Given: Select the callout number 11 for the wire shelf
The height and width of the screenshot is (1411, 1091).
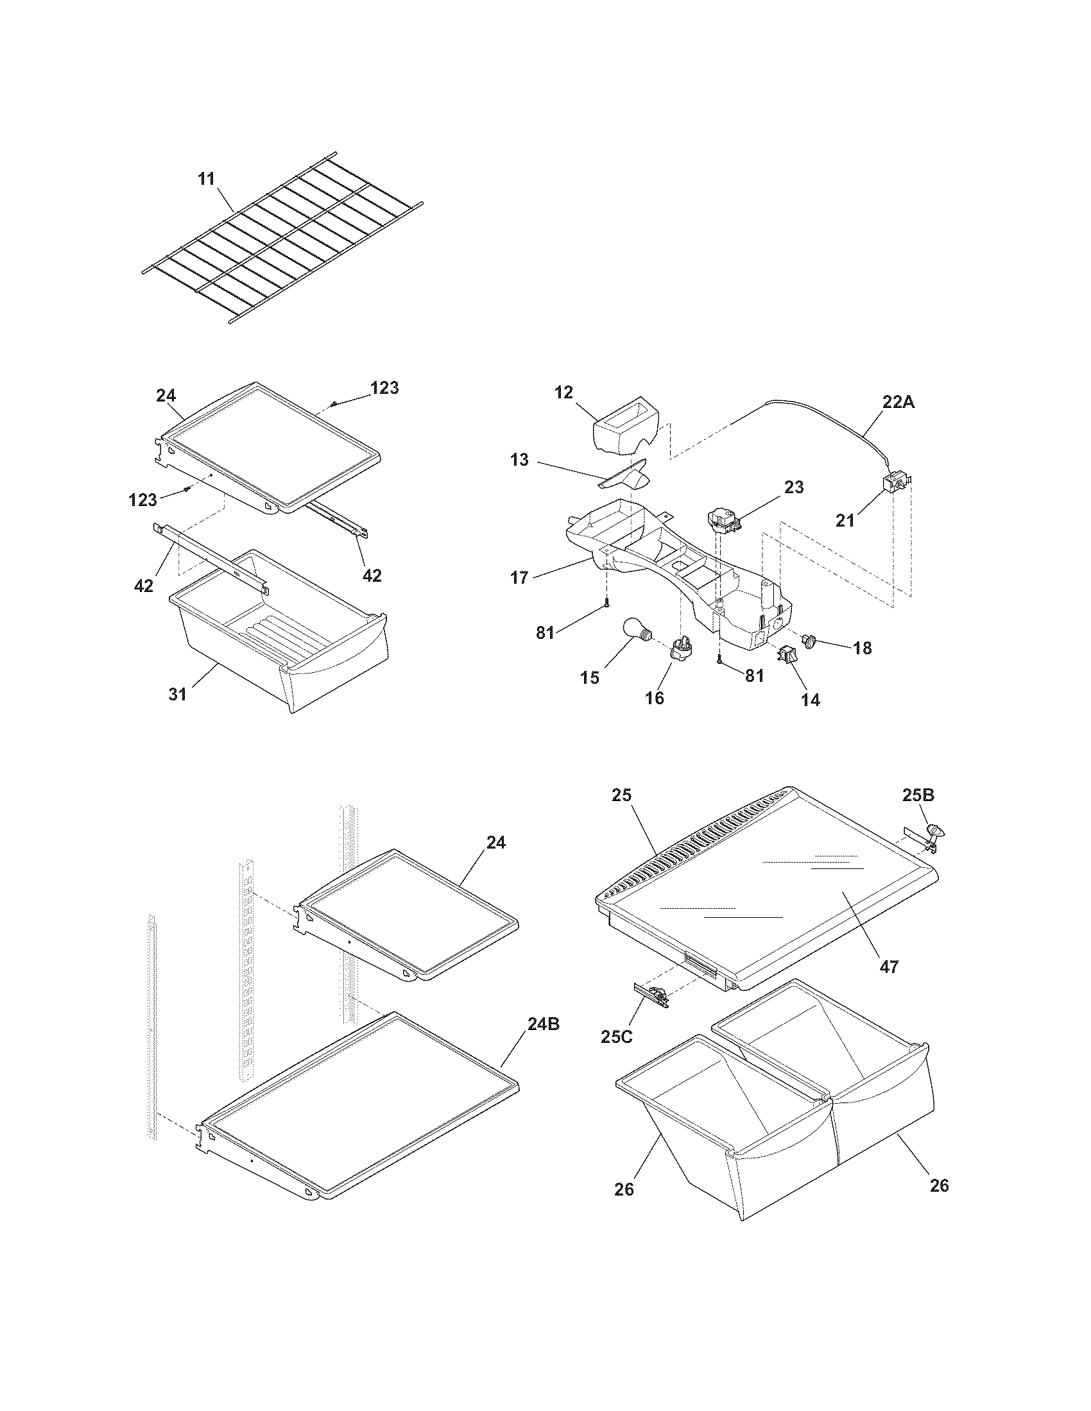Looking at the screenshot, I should point(206,179).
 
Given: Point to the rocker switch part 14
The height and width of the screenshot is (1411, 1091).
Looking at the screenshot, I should point(787,654).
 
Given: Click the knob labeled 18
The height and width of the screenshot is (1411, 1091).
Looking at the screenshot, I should point(809,640).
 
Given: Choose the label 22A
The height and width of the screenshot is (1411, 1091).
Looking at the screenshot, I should point(898,402).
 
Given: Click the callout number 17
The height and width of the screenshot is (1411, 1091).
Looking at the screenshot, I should point(520,577).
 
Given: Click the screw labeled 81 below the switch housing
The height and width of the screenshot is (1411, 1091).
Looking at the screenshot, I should point(719,659).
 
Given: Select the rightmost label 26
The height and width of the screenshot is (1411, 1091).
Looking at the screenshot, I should point(939,1185).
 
